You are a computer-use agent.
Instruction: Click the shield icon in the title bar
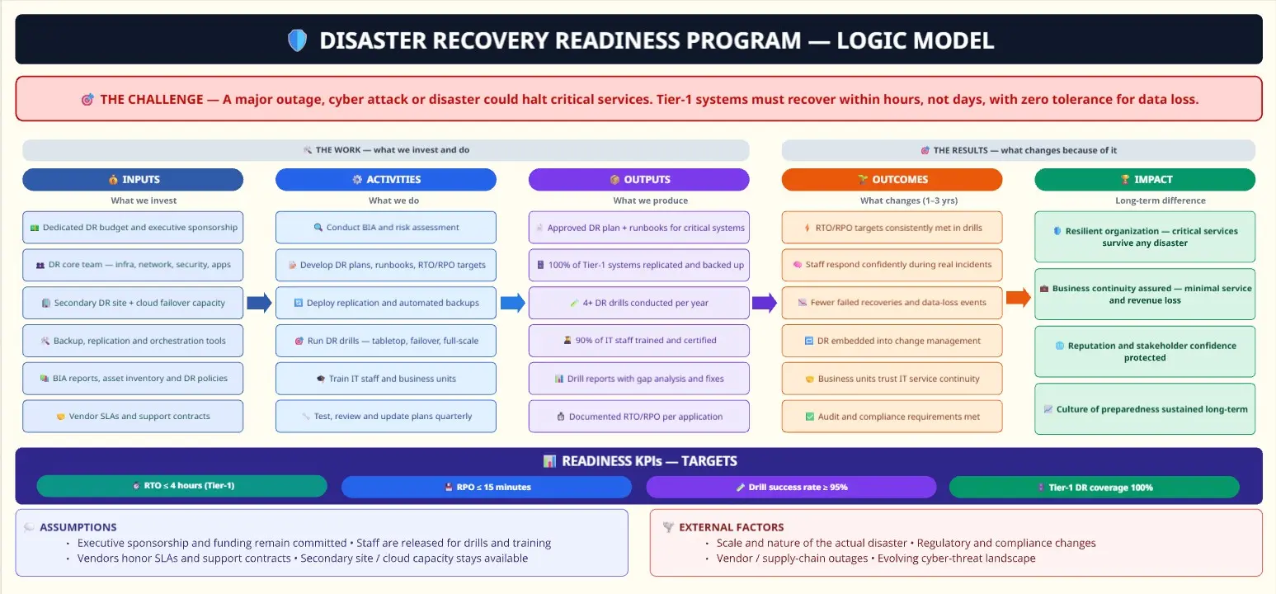pyautogui.click(x=298, y=40)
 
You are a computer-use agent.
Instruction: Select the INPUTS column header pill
pyautogui.click(x=133, y=179)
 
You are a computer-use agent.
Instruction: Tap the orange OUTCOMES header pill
pyautogui.click(x=892, y=179)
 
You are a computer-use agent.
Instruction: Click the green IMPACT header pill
pyautogui.click(x=1144, y=179)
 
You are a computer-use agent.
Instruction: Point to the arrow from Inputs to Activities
pyautogui.click(x=259, y=303)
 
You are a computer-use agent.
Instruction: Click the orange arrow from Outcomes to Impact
pyautogui.click(x=1018, y=297)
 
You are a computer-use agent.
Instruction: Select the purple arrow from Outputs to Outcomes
pyautogui.click(x=765, y=303)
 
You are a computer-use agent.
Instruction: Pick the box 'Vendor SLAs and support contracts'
pyautogui.click(x=133, y=417)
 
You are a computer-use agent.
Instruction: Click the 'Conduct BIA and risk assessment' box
pyautogui.click(x=386, y=227)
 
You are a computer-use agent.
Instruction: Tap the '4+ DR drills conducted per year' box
pyautogui.click(x=638, y=303)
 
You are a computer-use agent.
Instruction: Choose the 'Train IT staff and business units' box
pyautogui.click(x=386, y=379)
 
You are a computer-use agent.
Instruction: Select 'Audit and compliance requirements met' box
pyautogui.click(x=892, y=417)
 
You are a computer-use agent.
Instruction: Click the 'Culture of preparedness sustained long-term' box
pyautogui.click(x=1144, y=409)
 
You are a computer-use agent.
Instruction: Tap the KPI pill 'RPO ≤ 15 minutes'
pyautogui.click(x=487, y=487)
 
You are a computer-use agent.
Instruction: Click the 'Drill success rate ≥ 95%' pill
pyautogui.click(x=791, y=487)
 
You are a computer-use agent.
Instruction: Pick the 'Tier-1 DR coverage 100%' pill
pyautogui.click(x=1095, y=487)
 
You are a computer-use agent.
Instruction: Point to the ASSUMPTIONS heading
pyautogui.click(x=78, y=527)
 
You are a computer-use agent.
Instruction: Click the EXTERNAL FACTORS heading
pyautogui.click(x=732, y=527)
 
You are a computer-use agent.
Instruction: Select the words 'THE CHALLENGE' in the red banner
pyautogui.click(x=152, y=99)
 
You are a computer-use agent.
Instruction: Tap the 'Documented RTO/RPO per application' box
pyautogui.click(x=638, y=417)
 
